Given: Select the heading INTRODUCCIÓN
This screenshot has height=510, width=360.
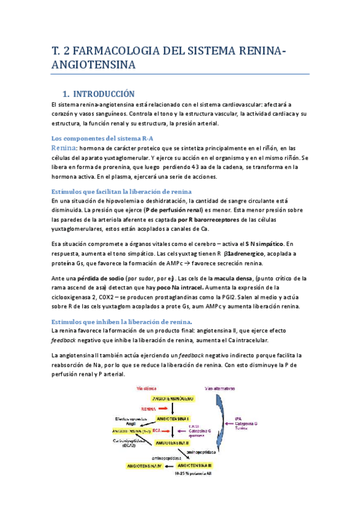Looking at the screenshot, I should (99, 94).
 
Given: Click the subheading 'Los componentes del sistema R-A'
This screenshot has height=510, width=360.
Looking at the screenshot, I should (94, 138).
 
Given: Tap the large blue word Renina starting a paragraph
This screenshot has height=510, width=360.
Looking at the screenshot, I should (63, 148).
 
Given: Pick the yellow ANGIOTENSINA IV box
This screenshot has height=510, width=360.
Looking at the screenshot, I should (144, 466).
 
